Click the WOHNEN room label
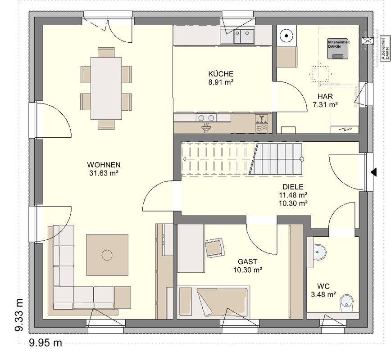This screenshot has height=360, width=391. (104, 165)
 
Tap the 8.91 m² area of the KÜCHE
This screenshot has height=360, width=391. (220, 83)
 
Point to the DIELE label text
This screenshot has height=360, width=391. (293, 187)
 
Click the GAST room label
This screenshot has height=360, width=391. (247, 261)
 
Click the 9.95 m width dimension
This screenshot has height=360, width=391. (45, 343)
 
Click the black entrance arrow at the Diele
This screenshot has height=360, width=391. (373, 172)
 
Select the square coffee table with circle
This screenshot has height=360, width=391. (107, 255)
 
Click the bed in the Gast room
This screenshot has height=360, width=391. (214, 301)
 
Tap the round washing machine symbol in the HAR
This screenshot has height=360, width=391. (286, 36)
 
